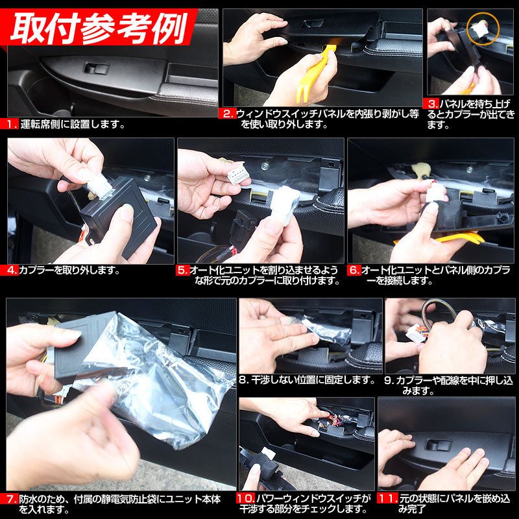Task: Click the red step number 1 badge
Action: coord(12,123)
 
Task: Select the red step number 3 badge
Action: coord(432,104)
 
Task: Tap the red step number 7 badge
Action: coord(12,500)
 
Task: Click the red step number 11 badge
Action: coord(388,500)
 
